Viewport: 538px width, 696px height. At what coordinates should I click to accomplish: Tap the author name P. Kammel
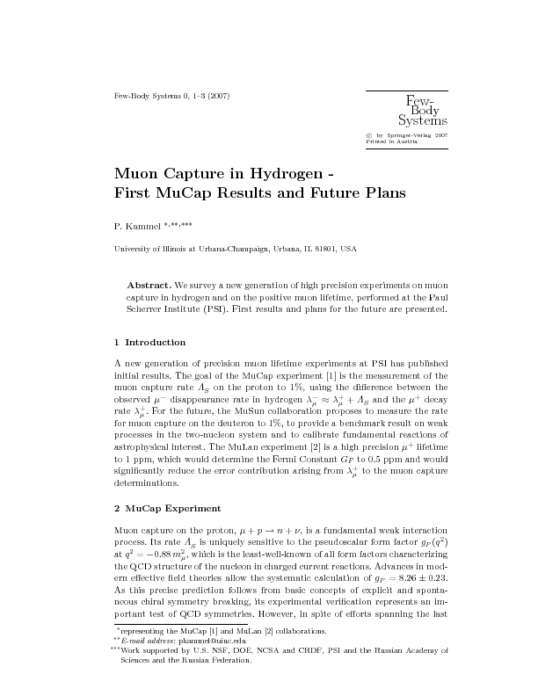tap(134, 226)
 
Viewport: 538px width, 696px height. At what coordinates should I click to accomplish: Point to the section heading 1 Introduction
tap(150, 342)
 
